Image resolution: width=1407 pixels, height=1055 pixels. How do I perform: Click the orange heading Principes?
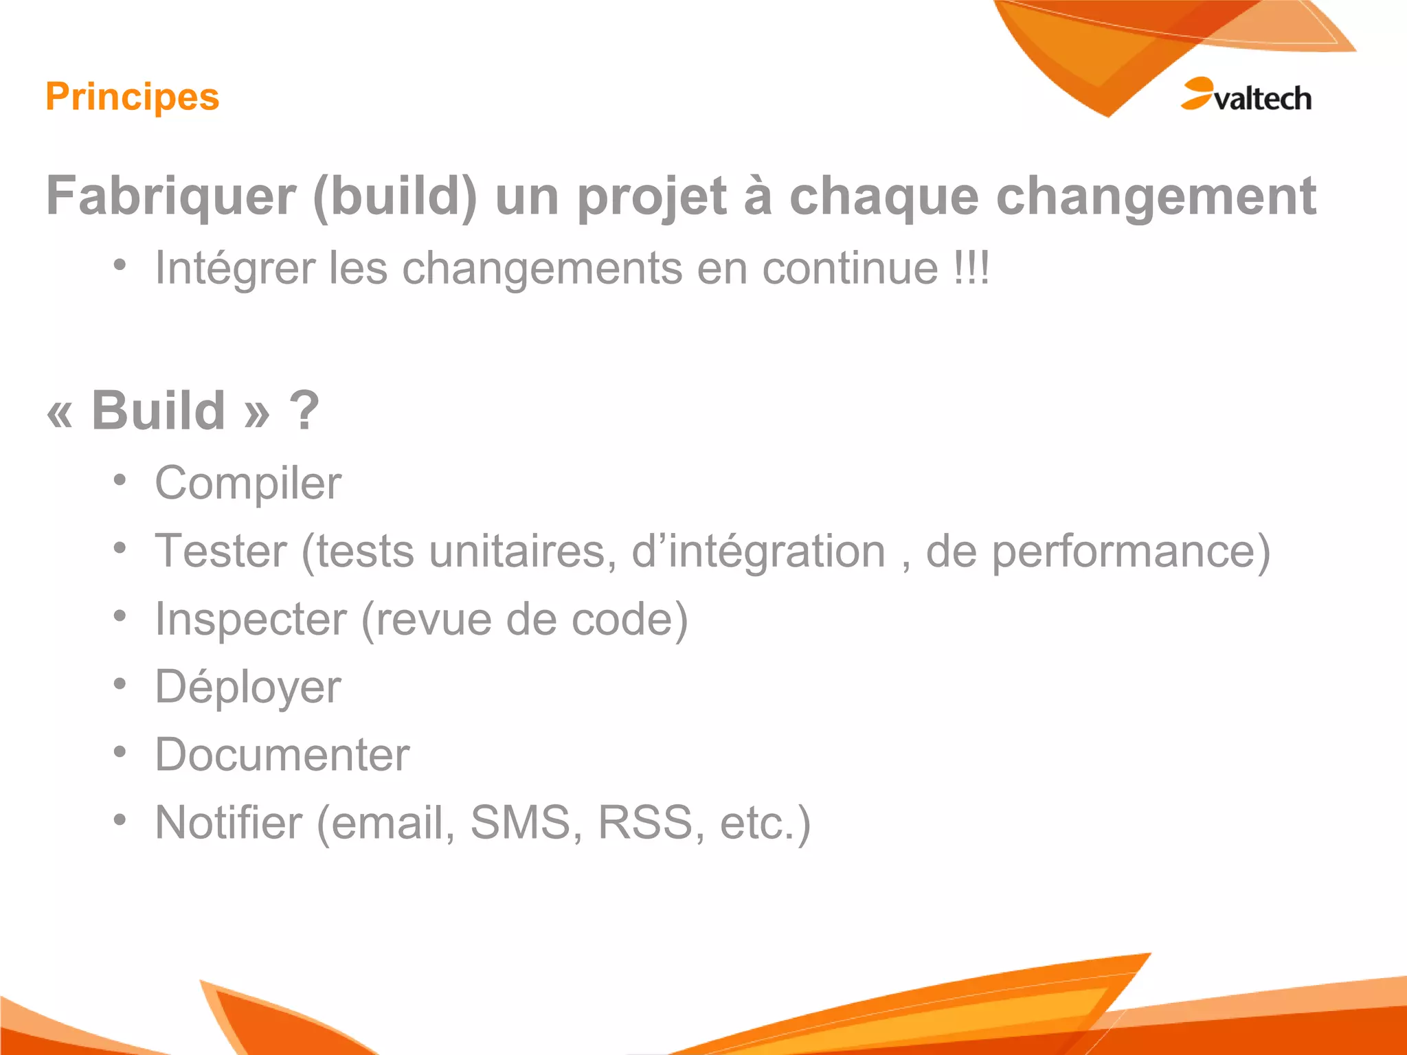click(x=133, y=97)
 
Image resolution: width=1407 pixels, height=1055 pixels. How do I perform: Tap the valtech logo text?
click(x=1263, y=98)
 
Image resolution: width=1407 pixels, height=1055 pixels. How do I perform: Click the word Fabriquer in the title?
click(x=171, y=197)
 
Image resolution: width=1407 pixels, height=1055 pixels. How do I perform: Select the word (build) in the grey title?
click(x=395, y=197)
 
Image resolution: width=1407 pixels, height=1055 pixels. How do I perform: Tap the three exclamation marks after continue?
click(x=971, y=268)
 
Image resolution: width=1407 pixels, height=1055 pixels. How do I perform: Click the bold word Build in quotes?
click(x=158, y=410)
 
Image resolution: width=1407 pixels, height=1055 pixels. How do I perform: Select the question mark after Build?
click(x=304, y=410)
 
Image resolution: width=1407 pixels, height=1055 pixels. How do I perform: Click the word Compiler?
click(x=248, y=484)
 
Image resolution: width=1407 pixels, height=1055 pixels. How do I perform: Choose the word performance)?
click(x=1131, y=552)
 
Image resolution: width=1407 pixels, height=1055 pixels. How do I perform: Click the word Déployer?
click(x=248, y=688)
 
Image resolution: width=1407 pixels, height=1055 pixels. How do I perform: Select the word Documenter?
click(x=282, y=755)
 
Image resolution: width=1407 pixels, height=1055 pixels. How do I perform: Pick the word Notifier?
click(x=229, y=822)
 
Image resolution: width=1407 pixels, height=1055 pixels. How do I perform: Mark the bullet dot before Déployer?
click(x=120, y=684)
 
